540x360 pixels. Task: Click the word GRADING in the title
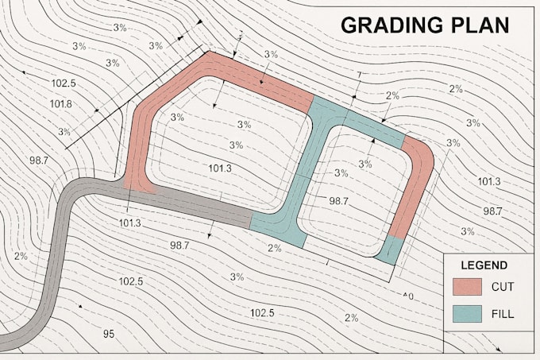[x=388, y=25]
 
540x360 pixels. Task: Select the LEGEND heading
[x=484, y=265]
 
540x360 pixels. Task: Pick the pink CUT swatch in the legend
[x=468, y=287]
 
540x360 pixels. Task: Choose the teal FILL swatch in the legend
[x=468, y=313]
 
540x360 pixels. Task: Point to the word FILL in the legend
[x=503, y=314]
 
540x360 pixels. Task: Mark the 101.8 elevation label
[x=61, y=104]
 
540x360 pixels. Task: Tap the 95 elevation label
[x=110, y=333]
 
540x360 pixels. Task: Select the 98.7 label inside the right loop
[x=338, y=201]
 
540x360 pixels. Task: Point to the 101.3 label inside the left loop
[x=220, y=168]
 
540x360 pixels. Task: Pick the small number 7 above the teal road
[x=360, y=75]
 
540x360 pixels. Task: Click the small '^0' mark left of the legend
[x=409, y=296]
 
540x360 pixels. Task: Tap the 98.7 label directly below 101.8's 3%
[x=39, y=161]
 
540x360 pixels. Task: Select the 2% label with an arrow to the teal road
[x=392, y=96]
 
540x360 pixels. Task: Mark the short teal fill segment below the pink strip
[x=388, y=250]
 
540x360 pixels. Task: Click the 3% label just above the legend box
[x=467, y=231]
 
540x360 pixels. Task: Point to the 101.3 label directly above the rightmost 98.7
[x=489, y=182]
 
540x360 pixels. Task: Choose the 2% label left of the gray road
[x=21, y=256]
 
